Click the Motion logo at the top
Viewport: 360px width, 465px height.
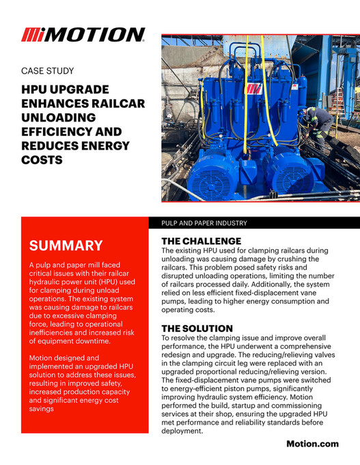(x=83, y=34)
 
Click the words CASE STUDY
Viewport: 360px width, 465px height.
(x=47, y=70)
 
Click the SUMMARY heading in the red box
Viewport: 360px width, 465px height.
(x=66, y=245)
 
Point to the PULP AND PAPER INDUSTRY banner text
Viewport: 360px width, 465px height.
(x=204, y=223)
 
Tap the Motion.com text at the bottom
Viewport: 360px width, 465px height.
(x=312, y=444)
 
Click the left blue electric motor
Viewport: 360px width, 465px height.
(x=217, y=171)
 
